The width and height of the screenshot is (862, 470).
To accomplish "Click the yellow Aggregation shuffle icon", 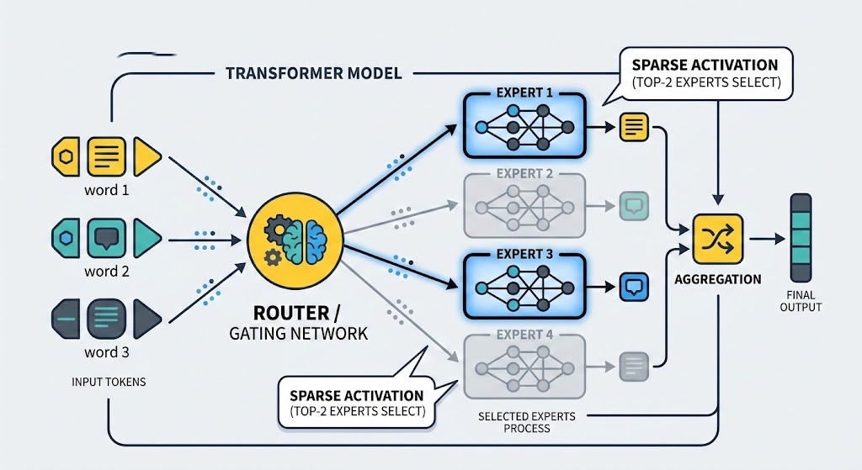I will [x=716, y=239].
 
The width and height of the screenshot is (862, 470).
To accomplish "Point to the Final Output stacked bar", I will [x=801, y=238].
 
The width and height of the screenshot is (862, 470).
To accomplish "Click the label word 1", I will [x=107, y=190].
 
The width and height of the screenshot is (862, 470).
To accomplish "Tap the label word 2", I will [x=107, y=272].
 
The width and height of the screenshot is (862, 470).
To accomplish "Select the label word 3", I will [x=107, y=352].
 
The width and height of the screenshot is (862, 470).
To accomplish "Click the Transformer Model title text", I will [x=314, y=73].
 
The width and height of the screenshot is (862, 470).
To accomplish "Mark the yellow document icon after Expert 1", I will [x=631, y=127].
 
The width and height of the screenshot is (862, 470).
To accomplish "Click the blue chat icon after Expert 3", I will [x=631, y=287].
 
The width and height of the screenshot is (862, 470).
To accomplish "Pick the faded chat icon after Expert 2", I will [x=631, y=206].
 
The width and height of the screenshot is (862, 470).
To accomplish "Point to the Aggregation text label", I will [x=718, y=279].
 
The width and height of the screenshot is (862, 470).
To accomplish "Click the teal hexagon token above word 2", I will [x=67, y=238].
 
